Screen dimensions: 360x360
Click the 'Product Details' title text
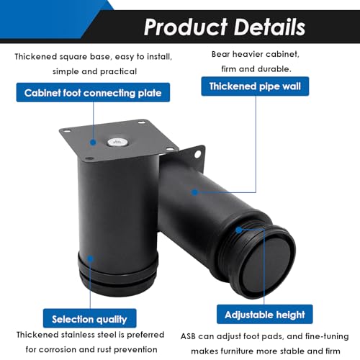coord(225,27)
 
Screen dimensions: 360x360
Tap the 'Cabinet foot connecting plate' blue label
coord(93,93)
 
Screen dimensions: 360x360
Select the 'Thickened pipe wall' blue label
coord(255,86)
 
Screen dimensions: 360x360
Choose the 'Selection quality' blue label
coord(89,319)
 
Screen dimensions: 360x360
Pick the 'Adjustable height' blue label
coord(265,315)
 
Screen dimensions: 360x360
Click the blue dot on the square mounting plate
coord(93,143)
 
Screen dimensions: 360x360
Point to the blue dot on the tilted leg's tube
coord(195,192)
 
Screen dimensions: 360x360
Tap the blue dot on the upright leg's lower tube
coord(90,258)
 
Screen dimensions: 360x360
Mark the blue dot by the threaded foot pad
coord(239,230)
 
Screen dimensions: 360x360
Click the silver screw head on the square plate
coord(116,142)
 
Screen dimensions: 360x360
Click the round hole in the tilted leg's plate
coord(198,154)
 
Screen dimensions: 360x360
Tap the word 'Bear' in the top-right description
coord(220,54)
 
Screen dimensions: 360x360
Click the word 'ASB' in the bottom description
coord(188,336)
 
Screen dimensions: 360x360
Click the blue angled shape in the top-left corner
coord(48,19)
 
